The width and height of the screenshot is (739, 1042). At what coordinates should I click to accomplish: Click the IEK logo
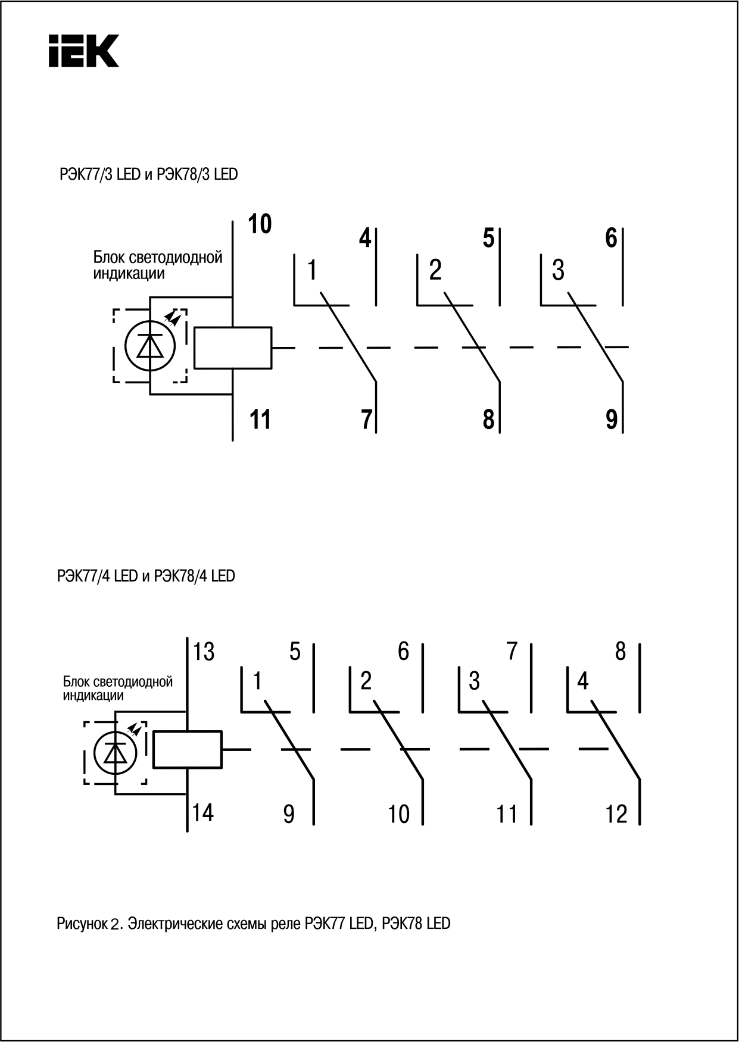tap(83, 50)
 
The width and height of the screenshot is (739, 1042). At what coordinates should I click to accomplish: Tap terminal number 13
tap(204, 652)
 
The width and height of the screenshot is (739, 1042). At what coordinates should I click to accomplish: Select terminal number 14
tap(203, 812)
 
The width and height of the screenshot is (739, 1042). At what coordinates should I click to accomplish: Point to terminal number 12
tap(616, 814)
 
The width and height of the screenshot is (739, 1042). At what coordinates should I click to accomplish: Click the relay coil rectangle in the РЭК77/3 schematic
tap(233, 348)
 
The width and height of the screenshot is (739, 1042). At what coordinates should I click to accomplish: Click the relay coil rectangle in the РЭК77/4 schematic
tap(187, 749)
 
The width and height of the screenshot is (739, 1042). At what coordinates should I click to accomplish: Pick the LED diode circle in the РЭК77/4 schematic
tap(114, 753)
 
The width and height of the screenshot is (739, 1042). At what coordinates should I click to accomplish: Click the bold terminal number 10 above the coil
tap(260, 224)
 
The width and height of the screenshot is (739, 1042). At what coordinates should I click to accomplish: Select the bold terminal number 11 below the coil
tap(260, 420)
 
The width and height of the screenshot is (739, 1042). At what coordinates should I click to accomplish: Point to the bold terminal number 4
tap(365, 239)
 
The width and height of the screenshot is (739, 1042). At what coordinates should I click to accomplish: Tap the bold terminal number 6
tap(611, 239)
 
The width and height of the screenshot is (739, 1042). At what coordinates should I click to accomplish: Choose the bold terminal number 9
tap(612, 420)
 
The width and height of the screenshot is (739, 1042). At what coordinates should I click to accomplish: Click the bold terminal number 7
tap(366, 420)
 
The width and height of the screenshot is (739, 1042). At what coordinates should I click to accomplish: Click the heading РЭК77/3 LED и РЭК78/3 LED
tap(148, 174)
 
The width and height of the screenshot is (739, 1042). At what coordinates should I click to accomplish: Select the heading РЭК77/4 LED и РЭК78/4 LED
tap(146, 576)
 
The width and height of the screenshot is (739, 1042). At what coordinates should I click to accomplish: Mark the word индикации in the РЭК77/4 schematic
tap(93, 695)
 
